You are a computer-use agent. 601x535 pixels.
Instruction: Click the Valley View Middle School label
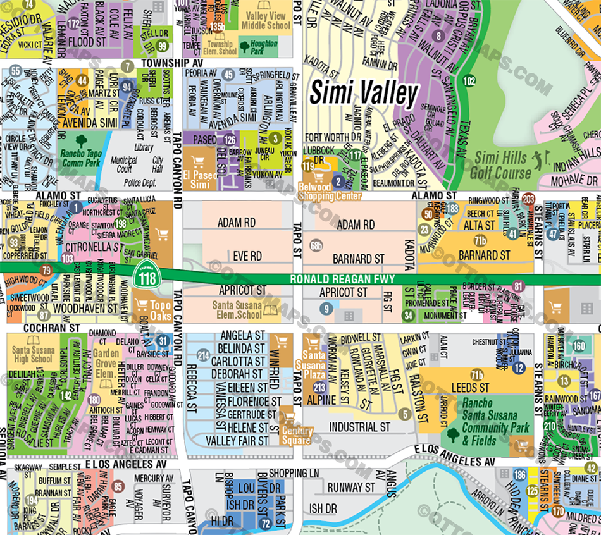point(266,21)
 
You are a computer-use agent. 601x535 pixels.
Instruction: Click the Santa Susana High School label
point(33,354)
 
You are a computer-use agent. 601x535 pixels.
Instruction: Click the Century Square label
point(297,435)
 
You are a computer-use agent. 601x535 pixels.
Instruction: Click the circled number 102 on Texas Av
point(469,81)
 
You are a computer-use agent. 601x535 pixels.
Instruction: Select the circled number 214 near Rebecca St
point(203,355)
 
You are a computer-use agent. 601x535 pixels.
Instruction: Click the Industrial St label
point(359,427)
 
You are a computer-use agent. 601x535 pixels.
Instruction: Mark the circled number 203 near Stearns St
point(529,200)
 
